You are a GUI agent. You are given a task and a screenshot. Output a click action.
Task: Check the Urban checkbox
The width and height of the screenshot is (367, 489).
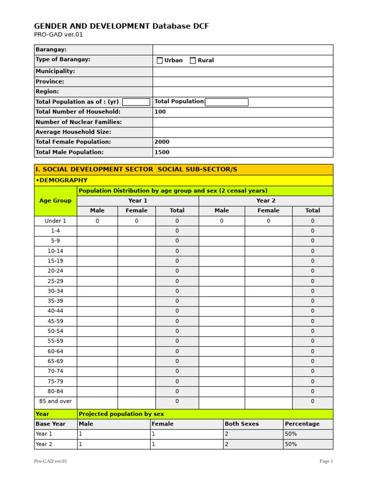tap(160, 61)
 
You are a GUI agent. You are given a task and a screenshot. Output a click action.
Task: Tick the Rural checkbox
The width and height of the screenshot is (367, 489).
tap(193, 61)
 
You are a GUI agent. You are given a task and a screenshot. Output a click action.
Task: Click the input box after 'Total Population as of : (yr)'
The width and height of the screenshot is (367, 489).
tap(136, 102)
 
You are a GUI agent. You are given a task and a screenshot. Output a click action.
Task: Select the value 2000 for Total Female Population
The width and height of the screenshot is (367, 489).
tap(162, 142)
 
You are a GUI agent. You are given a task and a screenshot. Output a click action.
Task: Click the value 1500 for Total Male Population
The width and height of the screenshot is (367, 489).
tap(162, 152)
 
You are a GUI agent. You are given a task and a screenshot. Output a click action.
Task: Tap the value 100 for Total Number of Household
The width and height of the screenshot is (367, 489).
tap(160, 112)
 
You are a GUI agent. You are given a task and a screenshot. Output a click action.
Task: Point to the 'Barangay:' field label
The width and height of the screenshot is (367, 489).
tap(51, 50)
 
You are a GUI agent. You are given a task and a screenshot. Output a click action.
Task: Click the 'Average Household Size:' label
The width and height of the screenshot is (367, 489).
tap(73, 132)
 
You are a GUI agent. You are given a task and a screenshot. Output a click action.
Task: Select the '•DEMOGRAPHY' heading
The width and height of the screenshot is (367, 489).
tap(62, 181)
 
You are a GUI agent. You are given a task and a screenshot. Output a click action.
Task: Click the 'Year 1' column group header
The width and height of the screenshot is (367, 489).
tap(138, 201)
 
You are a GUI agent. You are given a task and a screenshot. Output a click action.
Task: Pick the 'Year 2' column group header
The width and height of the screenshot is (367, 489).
tap(266, 201)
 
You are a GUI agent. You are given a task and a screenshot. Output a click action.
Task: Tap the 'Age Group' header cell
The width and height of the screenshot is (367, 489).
tap(55, 201)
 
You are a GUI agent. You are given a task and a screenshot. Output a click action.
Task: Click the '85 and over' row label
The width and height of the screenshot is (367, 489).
tap(55, 402)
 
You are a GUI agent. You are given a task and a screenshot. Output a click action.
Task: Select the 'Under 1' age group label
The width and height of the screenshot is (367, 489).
tap(55, 221)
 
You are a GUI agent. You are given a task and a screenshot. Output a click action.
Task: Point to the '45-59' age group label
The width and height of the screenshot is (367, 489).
tap(55, 321)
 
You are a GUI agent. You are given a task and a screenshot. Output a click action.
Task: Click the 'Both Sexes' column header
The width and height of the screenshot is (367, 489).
tap(242, 424)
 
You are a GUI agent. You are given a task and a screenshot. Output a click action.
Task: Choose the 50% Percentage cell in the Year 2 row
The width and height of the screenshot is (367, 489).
tap(291, 444)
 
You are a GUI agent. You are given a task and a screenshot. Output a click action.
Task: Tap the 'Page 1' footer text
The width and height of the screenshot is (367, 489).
tap(326, 461)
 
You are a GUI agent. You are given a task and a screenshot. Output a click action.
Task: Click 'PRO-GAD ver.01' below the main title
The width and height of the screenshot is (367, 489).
tap(55, 35)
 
